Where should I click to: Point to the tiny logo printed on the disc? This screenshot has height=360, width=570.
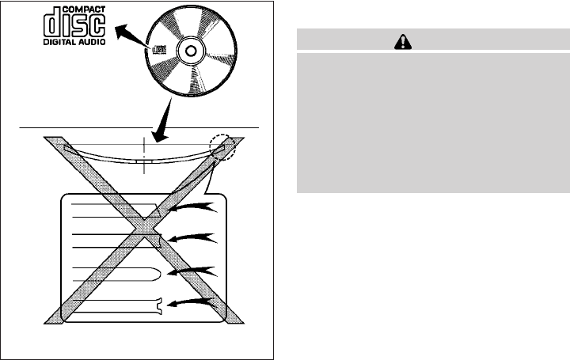(x=158, y=50)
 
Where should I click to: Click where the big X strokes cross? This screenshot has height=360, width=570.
(x=144, y=230)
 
